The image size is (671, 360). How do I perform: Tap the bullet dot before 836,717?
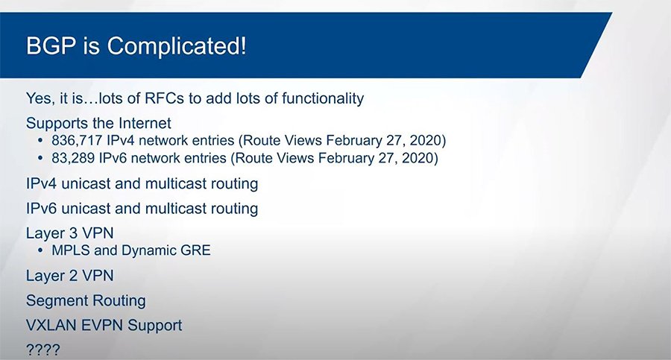tap(40, 141)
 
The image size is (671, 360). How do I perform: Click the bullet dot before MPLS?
tap(40, 251)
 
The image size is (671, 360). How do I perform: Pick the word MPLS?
tap(70, 251)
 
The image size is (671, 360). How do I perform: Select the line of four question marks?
tap(42, 350)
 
